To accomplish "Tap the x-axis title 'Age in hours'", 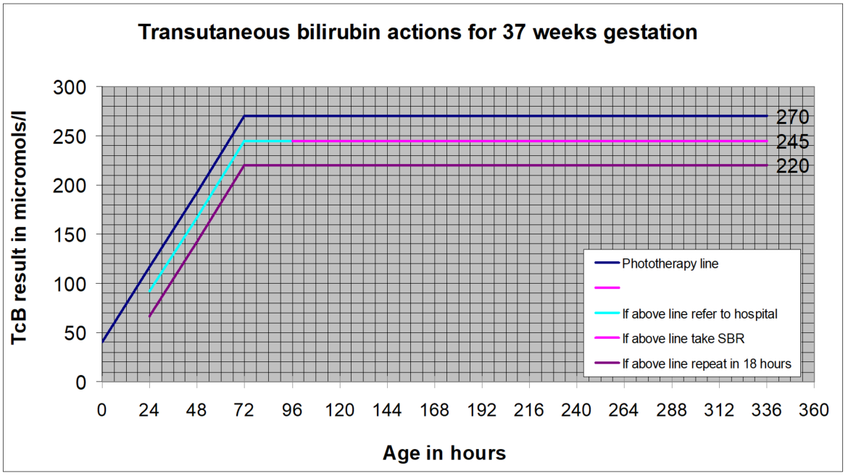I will click(444, 454).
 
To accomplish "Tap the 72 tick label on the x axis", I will click(244, 411).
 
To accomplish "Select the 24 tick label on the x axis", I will click(149, 411).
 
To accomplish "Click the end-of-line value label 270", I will click(792, 117).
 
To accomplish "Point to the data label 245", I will click(792, 141).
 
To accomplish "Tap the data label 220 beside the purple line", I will click(792, 166).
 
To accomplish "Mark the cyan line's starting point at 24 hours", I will click(149, 291).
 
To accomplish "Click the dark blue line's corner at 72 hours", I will click(244, 116).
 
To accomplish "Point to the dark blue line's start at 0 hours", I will click(102, 342).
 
